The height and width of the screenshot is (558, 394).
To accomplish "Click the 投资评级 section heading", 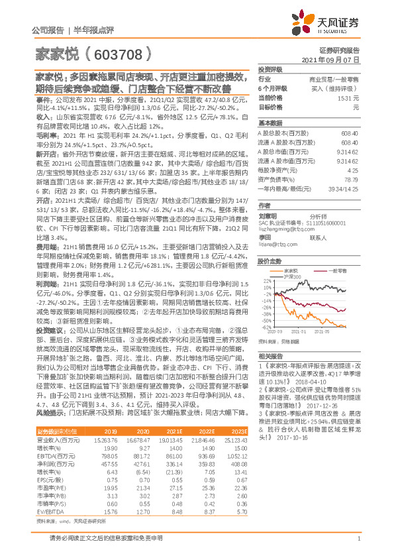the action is (270, 69).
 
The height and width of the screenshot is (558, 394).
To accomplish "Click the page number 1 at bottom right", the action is (358, 539).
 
